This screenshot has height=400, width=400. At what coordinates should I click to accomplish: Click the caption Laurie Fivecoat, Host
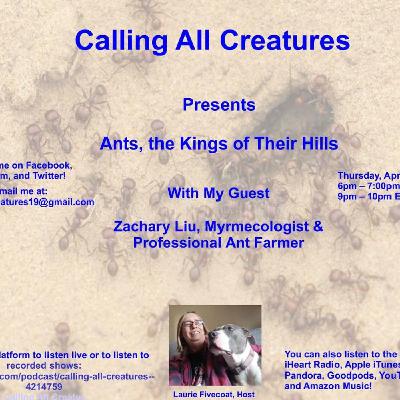coord(214,393)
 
